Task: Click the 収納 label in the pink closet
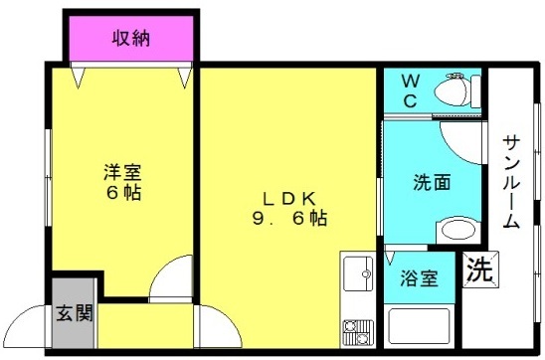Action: point(130,38)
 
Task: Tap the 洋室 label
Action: point(122,172)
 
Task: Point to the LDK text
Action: point(289,199)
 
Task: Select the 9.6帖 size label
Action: point(289,219)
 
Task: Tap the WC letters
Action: point(410,91)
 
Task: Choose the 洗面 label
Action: point(432,182)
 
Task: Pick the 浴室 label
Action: point(419,278)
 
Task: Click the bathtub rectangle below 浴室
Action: point(419,326)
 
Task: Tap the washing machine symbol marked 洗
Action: point(480,270)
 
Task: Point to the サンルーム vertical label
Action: point(511,182)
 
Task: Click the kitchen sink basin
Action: point(358,273)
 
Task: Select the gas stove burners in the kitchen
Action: point(358,333)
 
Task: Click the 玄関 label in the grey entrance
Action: point(75,312)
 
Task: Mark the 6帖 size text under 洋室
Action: point(123,192)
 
